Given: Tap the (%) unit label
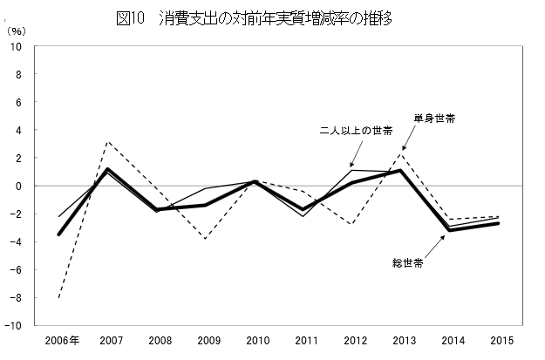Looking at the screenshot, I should click(x=17, y=31).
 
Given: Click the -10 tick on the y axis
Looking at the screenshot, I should click(x=15, y=325).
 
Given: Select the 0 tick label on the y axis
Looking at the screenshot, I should click(x=19, y=186).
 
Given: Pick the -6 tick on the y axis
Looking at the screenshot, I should click(x=17, y=269).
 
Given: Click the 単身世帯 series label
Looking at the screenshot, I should click(x=433, y=118).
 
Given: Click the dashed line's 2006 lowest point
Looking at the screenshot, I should click(x=58, y=297).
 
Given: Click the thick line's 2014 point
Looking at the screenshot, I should click(x=449, y=230).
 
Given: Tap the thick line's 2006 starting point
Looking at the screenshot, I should click(x=58, y=234).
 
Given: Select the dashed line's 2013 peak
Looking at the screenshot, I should click(x=400, y=155).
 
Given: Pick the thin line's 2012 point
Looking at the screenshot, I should click(x=351, y=170).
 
